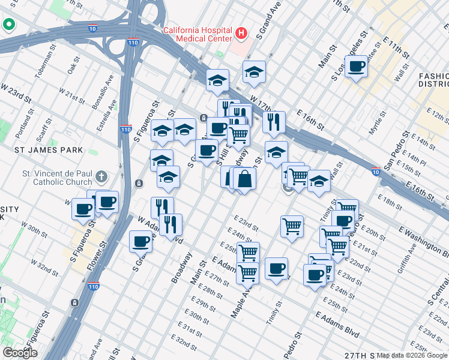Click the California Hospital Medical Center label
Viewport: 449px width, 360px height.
(x=197, y=34)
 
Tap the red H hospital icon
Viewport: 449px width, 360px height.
(x=242, y=34)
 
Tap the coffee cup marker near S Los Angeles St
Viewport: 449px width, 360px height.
(x=356, y=67)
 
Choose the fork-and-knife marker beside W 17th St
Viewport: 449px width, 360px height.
(x=274, y=122)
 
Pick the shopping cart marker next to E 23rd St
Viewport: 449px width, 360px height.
(x=292, y=226)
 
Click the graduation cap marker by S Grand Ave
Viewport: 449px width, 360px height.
(x=255, y=72)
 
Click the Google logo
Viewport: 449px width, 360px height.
(x=20, y=353)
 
